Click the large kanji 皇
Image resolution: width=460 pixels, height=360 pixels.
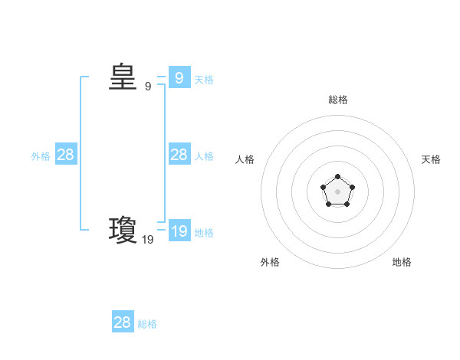(122, 77)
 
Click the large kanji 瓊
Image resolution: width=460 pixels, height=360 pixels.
(122, 230)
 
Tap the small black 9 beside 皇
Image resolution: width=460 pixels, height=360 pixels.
(148, 87)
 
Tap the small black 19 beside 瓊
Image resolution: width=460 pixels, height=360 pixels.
(148, 240)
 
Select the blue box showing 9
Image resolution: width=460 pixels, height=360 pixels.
(179, 77)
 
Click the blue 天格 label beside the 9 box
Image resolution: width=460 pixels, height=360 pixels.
(204, 79)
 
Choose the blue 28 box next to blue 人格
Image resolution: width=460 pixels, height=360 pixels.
(179, 155)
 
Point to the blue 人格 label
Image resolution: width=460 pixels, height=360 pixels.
(204, 156)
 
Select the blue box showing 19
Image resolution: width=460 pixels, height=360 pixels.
(179, 231)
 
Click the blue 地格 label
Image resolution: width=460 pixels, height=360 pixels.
(204, 233)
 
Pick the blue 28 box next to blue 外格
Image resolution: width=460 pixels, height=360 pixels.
(66, 155)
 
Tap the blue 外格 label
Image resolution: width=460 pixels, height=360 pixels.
(41, 156)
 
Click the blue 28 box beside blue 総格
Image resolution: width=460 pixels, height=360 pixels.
(123, 322)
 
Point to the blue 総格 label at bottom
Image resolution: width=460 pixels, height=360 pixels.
(147, 324)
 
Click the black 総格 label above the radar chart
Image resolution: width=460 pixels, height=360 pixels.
(337, 100)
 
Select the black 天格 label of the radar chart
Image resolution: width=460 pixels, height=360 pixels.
(431, 159)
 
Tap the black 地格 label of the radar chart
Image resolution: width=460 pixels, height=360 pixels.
(402, 262)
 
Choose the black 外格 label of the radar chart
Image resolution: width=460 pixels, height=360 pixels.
(270, 262)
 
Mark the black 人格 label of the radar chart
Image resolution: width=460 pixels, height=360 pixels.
(245, 159)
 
